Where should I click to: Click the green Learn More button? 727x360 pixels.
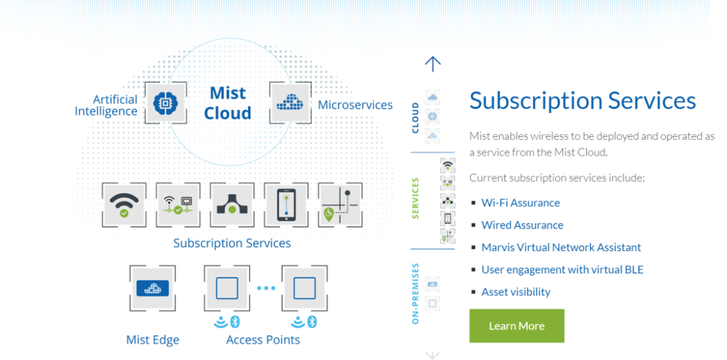[516, 326]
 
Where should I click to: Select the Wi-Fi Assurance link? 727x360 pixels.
[520, 202]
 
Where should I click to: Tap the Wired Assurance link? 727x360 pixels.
[522, 225]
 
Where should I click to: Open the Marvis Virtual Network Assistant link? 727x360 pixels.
[561, 247]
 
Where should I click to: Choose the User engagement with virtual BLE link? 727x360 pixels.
[562, 270]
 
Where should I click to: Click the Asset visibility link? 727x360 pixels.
[515, 292]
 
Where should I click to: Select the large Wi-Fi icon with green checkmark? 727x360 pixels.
[124, 204]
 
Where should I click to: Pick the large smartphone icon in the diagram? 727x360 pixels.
[285, 204]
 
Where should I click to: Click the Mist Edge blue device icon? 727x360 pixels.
[152, 288]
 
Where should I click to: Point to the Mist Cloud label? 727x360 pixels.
[227, 103]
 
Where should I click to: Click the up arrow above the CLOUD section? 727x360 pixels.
[432, 64]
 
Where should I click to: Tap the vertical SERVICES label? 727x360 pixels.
[415, 198]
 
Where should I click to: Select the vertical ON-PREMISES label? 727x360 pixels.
[415, 293]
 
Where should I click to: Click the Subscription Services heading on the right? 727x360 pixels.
[582, 100]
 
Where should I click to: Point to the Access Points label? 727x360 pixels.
[263, 339]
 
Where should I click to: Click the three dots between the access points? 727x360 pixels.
[266, 288]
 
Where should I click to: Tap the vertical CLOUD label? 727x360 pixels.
[415, 117]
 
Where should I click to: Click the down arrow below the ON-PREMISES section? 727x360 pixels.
[432, 354]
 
